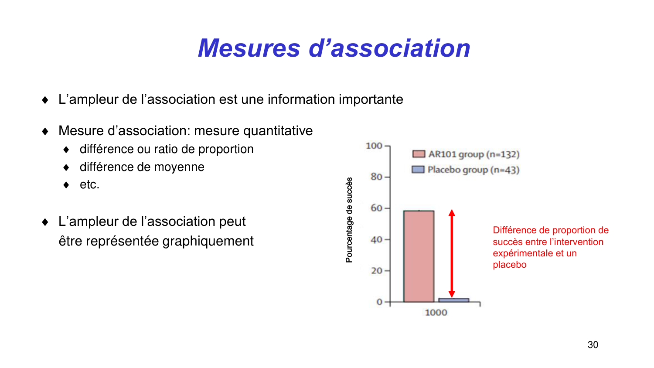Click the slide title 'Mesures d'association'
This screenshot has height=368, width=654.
point(334,48)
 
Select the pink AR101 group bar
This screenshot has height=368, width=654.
point(419,256)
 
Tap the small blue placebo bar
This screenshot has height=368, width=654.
point(453,300)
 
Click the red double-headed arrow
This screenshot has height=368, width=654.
point(452,253)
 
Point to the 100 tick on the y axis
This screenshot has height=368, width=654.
point(374,146)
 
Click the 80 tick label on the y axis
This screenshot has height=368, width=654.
point(376,177)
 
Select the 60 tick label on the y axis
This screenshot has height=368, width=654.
point(376,208)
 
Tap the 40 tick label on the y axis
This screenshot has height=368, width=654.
point(376,239)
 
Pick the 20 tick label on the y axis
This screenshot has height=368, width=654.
point(376,271)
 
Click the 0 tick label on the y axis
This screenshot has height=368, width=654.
point(379,302)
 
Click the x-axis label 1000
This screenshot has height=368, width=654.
point(436,313)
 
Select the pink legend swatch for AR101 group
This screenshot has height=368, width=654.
point(419,154)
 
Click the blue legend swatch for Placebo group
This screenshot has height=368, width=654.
point(418,170)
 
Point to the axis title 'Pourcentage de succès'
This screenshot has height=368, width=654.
point(349,220)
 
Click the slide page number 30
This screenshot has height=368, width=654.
point(593,345)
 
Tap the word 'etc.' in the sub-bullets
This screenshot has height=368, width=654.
point(89,185)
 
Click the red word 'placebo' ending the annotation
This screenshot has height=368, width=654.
point(509,265)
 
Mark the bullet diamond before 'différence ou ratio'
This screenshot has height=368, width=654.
point(66,150)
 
